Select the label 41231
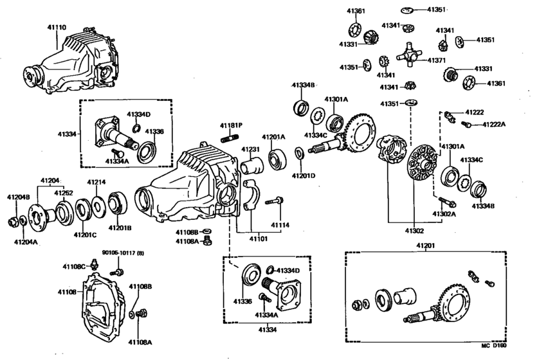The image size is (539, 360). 250,148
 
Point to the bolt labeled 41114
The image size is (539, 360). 276,201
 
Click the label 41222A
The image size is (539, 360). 494,124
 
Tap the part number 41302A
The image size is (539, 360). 444,215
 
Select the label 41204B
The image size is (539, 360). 18,196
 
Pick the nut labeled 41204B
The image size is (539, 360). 12,222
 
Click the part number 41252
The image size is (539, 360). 63,193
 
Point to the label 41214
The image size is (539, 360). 96,182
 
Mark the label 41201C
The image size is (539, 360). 84,235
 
